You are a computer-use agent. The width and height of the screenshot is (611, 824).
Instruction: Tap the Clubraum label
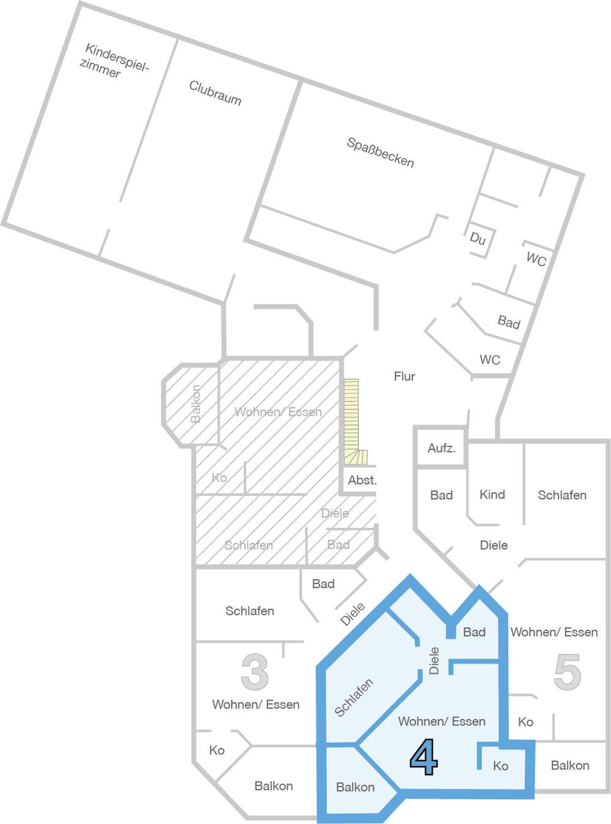pos(215,93)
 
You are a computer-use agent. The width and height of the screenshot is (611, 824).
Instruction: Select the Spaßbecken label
pos(380,153)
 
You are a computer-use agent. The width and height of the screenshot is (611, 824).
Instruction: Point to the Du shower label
pos(478,238)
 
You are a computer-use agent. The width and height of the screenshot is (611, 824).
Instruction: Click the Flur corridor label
pos(404,377)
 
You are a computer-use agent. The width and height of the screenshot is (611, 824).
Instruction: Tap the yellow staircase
pos(353,422)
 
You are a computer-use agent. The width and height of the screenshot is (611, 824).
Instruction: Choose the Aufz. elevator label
pos(441,449)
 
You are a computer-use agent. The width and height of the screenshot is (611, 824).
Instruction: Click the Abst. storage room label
pos(362,480)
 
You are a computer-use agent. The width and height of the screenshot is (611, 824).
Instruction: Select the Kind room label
pos(492,494)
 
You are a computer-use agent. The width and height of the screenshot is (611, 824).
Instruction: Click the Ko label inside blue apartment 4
pos(500,765)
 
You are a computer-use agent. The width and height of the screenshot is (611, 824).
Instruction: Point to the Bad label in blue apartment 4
pos(474,632)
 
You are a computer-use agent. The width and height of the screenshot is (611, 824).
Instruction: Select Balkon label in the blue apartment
pos(355,787)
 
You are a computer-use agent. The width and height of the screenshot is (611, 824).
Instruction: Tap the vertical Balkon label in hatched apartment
pos(196,404)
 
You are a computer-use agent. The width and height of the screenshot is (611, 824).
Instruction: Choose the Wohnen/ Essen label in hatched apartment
pos(278,412)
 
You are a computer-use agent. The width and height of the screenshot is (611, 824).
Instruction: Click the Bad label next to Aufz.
pos(441,495)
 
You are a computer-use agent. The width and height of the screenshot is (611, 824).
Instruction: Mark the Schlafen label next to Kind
pos(562,495)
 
